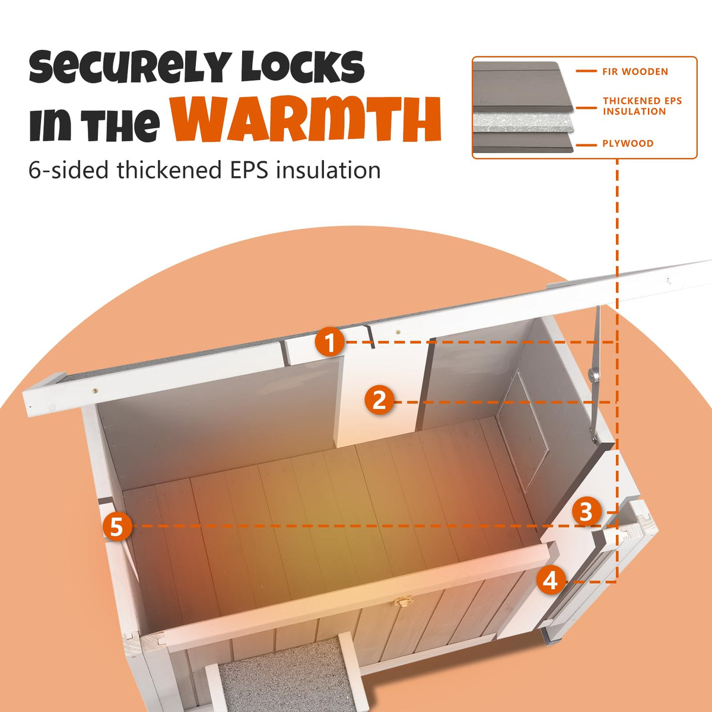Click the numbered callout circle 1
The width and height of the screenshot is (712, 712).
click(x=329, y=342)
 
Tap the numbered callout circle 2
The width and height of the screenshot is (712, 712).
click(x=380, y=401)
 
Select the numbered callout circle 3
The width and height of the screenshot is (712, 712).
click(x=587, y=513)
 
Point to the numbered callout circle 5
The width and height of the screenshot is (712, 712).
click(x=117, y=526)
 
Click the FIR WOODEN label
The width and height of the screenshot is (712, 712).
click(x=635, y=72)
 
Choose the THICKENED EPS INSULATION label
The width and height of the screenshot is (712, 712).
click(x=642, y=106)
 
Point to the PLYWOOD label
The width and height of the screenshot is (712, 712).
click(x=628, y=144)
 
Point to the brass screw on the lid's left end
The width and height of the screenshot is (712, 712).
click(x=96, y=390)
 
